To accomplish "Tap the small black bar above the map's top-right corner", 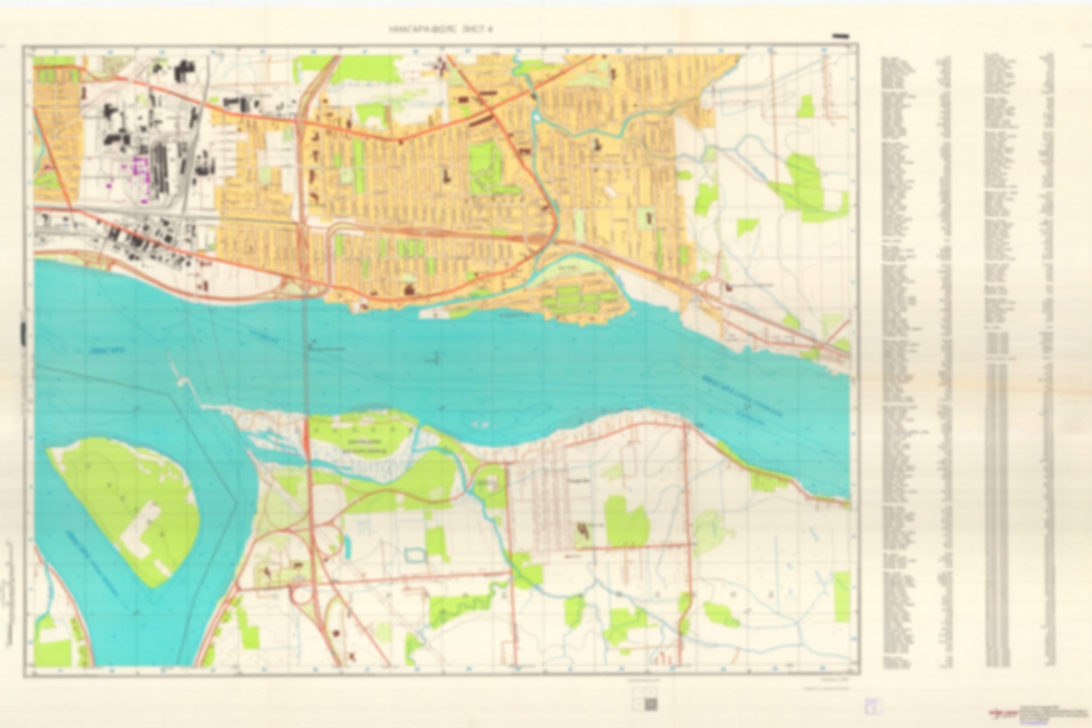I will [x=840, y=36].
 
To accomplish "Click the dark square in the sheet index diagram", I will [x=650, y=704].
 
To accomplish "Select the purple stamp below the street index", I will [x=873, y=706].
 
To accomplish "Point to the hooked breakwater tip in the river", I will [x=182, y=381].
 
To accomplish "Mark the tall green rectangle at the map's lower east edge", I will [x=842, y=597].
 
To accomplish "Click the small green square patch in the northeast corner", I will [x=805, y=107].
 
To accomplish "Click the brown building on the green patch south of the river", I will [x=584, y=530].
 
